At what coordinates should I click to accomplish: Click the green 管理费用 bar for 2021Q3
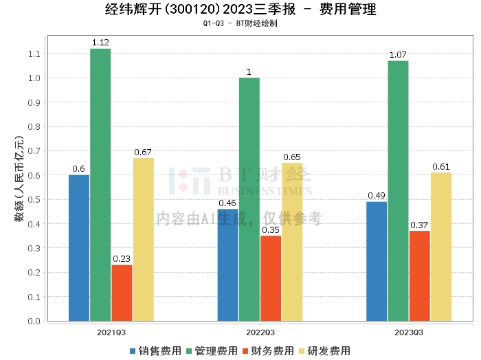click(x=100, y=185)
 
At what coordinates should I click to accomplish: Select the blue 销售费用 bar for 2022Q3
click(x=228, y=265)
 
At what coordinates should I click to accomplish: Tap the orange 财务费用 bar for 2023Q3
click(x=420, y=276)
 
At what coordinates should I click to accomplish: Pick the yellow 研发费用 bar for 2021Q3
click(x=144, y=240)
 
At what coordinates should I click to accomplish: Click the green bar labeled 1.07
click(x=398, y=191)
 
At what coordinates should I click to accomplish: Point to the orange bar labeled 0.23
click(x=122, y=293)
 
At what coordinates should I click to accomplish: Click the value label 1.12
click(x=100, y=43)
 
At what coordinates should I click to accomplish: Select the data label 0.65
click(x=292, y=157)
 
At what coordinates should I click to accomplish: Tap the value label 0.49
click(x=377, y=196)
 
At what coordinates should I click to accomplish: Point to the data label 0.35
click(x=271, y=230)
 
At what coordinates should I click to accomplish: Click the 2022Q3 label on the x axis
click(x=260, y=333)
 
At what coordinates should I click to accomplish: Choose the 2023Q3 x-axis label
click(x=409, y=333)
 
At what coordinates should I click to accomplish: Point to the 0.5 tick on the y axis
click(x=34, y=200)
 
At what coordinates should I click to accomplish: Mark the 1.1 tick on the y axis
click(x=34, y=54)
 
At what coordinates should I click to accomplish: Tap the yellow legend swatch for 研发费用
click(x=302, y=351)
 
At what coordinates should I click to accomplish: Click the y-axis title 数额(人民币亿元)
click(x=19, y=179)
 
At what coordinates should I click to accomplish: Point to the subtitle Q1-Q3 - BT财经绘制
click(x=240, y=23)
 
